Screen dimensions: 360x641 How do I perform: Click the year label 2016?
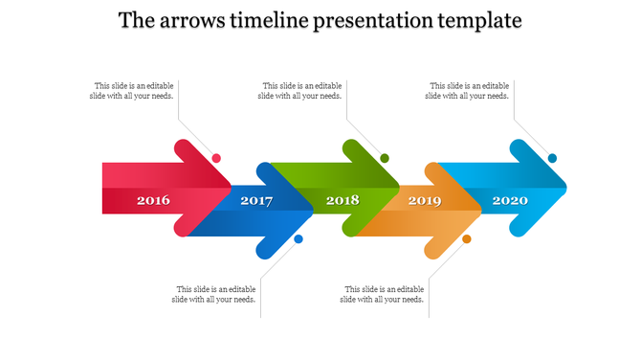pos(153,201)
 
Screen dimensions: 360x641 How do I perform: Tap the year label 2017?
pos(256,201)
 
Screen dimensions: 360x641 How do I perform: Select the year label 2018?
pos(342,201)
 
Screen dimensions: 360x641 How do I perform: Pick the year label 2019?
pos(425,201)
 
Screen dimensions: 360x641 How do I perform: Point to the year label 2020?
pos(509,201)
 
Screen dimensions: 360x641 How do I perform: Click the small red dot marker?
pos(217,158)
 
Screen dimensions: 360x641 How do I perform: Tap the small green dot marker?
pos(385,158)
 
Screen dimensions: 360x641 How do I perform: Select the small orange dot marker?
pos(467,239)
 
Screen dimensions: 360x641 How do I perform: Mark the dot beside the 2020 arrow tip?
pos(552,158)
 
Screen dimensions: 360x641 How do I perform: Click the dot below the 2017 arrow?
pos(298,239)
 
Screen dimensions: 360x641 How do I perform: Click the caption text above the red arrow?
pos(133,90)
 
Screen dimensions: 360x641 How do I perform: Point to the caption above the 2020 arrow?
pos(468,90)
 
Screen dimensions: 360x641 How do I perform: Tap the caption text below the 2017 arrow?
pos(214,294)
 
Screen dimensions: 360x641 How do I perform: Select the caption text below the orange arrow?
pos(382,294)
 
